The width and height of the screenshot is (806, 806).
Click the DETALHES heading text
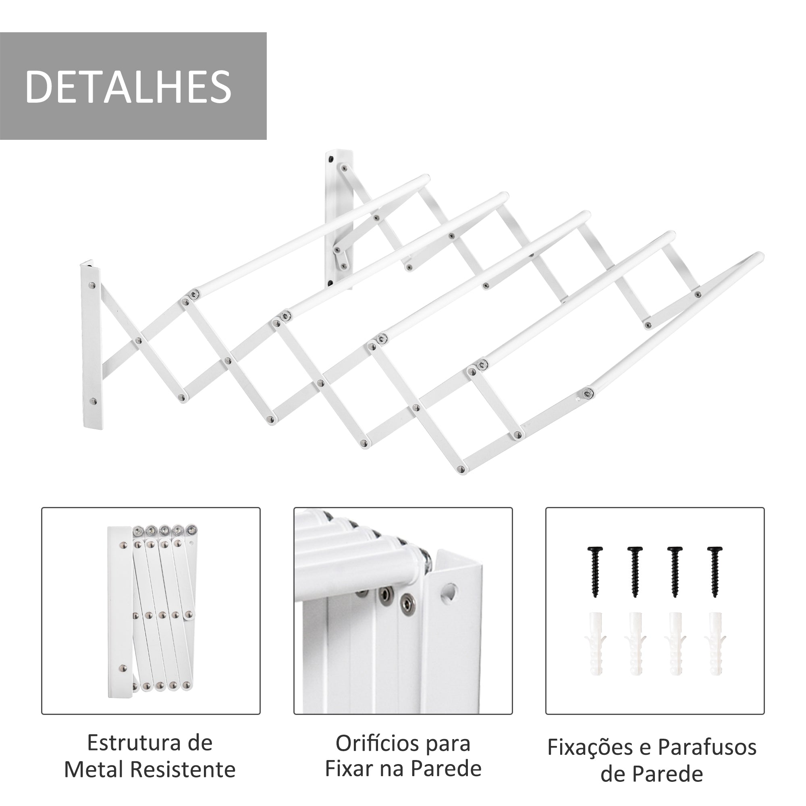129,86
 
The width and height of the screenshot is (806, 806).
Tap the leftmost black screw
595,571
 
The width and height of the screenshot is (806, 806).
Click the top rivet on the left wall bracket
92,286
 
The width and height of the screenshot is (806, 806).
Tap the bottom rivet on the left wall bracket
93,402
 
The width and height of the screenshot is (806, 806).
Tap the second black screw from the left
636,571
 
